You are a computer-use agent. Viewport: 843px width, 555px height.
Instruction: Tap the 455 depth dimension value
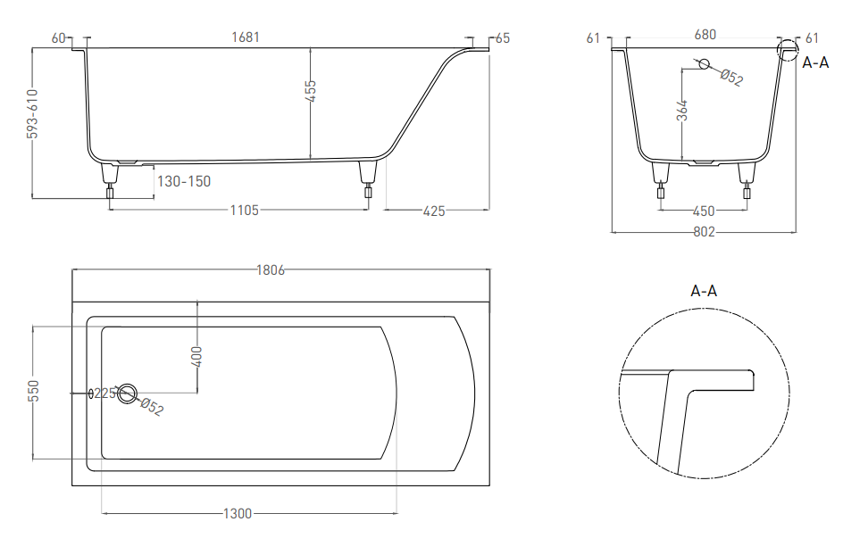tap(312, 92)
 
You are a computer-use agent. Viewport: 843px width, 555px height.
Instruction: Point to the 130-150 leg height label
tap(184, 181)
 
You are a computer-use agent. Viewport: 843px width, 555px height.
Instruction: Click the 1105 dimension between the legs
tap(244, 211)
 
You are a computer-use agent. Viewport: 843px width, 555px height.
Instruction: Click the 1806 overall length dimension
tap(270, 269)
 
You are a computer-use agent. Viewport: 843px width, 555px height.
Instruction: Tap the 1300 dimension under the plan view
tap(238, 513)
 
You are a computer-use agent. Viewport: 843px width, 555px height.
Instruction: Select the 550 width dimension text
tap(33, 393)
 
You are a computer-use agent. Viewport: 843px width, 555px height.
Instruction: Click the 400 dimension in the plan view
tap(197, 356)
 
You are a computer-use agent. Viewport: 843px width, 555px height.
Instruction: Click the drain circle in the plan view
tap(128, 393)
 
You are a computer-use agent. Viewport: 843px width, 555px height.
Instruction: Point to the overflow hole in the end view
tap(703, 63)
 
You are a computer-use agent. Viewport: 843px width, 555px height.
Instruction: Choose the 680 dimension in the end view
tap(705, 36)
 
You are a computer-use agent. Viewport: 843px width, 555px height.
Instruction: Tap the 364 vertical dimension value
tap(681, 111)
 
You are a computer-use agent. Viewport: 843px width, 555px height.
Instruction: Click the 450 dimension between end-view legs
tap(704, 211)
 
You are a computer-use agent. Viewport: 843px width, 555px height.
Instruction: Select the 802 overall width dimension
tap(704, 232)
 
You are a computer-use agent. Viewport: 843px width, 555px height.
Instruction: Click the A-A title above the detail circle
tap(704, 290)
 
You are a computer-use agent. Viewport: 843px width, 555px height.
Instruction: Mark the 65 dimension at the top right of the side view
tap(502, 37)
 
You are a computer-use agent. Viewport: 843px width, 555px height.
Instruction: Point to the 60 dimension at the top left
tap(60, 37)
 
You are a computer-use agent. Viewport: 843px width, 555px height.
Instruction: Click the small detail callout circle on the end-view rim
tap(787, 50)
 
